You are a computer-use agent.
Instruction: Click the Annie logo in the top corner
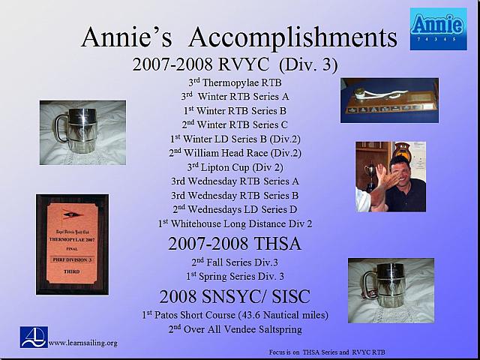(x=438, y=28)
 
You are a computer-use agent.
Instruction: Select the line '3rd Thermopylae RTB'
(x=235, y=82)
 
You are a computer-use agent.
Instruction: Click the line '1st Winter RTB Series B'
(x=235, y=110)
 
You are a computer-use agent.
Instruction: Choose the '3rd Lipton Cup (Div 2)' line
(x=235, y=167)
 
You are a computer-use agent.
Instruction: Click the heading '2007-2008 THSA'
(x=235, y=244)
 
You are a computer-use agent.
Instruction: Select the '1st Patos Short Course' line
(x=235, y=314)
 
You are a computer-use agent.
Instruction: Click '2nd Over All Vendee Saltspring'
(x=235, y=328)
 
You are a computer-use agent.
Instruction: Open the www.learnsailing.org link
(x=82, y=343)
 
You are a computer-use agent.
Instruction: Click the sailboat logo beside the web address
(x=34, y=337)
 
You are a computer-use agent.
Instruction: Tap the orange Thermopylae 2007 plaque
(x=72, y=244)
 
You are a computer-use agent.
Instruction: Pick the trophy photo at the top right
(x=389, y=100)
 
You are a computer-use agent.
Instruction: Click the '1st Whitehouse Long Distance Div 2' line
(x=235, y=223)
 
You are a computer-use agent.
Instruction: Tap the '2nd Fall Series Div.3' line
(x=235, y=262)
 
